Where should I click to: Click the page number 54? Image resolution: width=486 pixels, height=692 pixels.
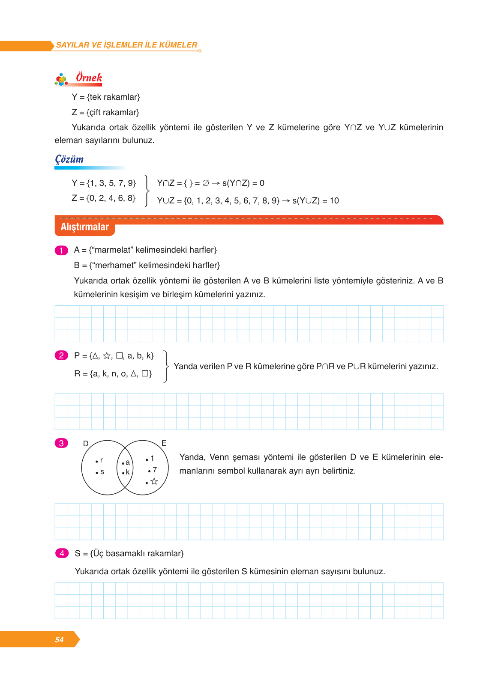pos(59,639)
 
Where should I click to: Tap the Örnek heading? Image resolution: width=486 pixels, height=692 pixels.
pos(89,78)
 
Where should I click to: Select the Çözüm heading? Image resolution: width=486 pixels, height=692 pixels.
pos(69,159)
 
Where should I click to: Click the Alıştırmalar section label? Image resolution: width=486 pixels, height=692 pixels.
pos(84,227)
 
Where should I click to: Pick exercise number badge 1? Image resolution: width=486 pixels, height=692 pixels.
pos(61,250)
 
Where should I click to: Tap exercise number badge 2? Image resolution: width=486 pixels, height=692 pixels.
pos(61,355)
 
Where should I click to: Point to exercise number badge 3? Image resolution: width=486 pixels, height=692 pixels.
pos(61,443)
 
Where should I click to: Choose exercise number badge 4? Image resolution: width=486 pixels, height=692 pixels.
pos(62,553)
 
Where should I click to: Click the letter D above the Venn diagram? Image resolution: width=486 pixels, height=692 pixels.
pos(86,444)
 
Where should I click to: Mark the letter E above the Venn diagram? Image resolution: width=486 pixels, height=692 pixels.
pos(164,443)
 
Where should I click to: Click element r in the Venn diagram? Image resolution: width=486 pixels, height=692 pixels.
pos(101,460)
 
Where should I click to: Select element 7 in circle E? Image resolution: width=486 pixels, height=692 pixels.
pos(154,470)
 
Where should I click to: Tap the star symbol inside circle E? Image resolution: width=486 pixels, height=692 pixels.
pos(154,481)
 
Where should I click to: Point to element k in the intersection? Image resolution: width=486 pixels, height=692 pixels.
pos(127,472)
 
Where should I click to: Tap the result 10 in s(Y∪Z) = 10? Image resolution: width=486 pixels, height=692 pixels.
pos(334,201)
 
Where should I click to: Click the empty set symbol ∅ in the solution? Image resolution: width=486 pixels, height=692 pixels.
pos(206,183)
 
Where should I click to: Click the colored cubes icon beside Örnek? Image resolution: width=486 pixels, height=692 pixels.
pos(61,79)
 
